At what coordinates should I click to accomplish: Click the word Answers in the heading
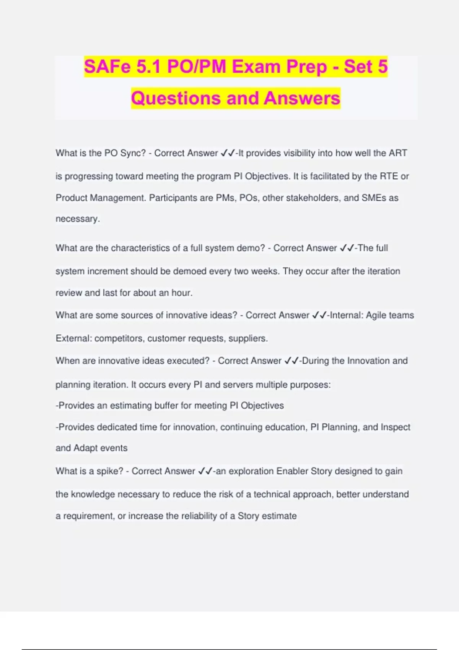[x=302, y=98]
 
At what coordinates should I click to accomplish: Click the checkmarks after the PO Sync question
[x=228, y=153]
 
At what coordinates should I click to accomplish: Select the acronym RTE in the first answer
[x=389, y=176]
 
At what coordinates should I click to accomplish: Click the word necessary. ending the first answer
[x=78, y=219]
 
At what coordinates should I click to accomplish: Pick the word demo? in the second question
[x=251, y=248]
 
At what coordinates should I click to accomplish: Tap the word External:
[x=73, y=338]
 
